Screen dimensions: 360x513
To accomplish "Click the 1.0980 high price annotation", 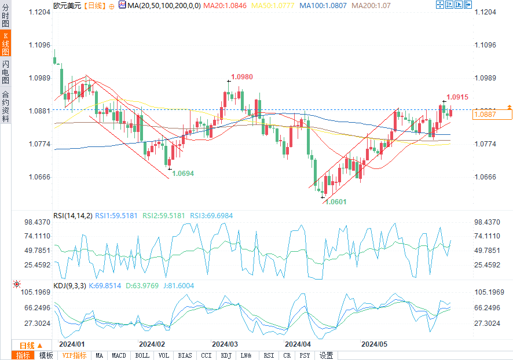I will [x=242, y=77].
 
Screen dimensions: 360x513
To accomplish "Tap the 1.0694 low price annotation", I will [x=183, y=173].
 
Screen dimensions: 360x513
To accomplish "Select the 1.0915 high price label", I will [x=457, y=97].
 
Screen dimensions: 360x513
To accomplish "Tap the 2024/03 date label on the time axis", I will [x=225, y=344].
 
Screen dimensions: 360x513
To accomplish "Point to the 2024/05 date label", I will [x=374, y=344].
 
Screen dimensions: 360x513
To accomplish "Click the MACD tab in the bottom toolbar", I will [x=119, y=355].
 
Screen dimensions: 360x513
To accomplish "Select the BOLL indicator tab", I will [x=142, y=355].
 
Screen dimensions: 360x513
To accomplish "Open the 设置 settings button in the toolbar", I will [x=327, y=355].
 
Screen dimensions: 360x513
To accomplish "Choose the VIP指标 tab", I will [x=74, y=355].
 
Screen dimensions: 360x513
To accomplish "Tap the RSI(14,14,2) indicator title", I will [x=72, y=216].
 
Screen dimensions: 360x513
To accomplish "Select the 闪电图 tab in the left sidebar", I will [x=5, y=72].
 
